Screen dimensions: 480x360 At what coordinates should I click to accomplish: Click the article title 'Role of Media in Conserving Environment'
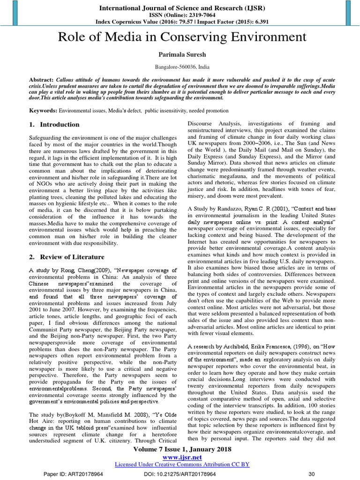click(x=180, y=37)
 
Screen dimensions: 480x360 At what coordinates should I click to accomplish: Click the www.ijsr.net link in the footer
click(x=180, y=456)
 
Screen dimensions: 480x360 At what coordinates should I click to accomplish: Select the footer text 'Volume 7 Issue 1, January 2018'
click(x=180, y=449)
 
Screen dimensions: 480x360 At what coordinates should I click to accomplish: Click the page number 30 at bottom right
click(x=310, y=474)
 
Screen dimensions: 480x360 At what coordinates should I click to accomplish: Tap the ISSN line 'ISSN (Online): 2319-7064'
click(x=180, y=15)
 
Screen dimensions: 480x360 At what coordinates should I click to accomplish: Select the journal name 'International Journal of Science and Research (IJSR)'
click(x=180, y=7)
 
